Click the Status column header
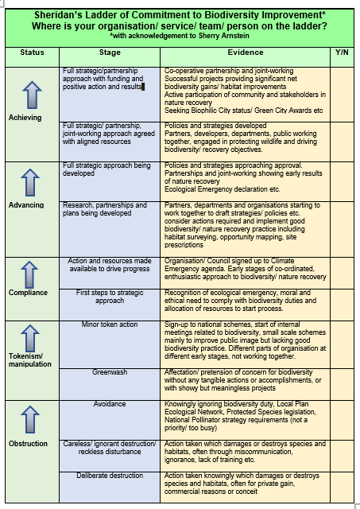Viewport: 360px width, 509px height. (x=32, y=52)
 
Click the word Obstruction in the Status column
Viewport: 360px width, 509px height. (x=29, y=443)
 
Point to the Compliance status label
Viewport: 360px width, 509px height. (x=29, y=292)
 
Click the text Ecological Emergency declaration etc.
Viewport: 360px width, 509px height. (x=222, y=190)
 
